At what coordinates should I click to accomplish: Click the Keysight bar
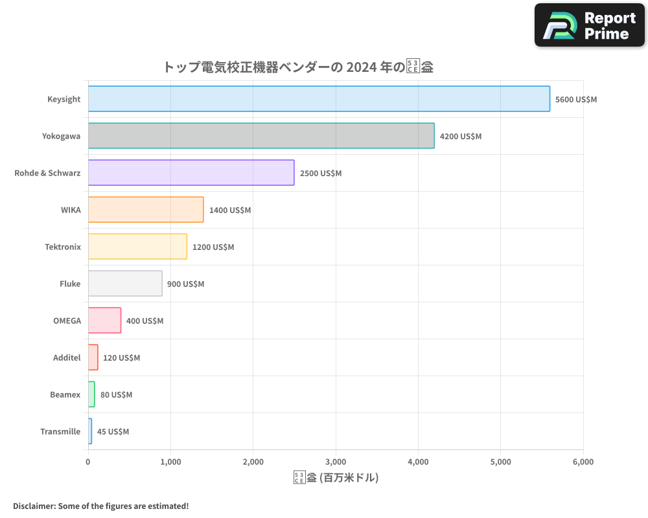(319, 99)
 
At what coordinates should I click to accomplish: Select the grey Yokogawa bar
(261, 136)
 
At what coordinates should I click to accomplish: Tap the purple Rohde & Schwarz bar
(191, 173)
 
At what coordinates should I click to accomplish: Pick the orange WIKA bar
(146, 210)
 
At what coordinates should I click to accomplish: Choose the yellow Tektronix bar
(137, 247)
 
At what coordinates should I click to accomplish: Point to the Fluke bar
(125, 284)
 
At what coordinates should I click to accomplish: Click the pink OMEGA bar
(104, 321)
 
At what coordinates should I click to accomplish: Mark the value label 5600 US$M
(576, 100)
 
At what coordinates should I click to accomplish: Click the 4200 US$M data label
(461, 137)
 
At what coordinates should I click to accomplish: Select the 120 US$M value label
(121, 358)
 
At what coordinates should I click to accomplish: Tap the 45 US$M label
(113, 432)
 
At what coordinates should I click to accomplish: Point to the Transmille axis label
(60, 432)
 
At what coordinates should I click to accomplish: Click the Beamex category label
(65, 395)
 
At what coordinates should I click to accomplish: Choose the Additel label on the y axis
(67, 358)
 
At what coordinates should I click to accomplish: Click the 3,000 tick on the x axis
(336, 462)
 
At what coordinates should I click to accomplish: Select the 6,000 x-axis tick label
(583, 462)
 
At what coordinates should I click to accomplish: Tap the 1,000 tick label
(170, 462)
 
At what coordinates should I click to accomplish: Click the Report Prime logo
(590, 25)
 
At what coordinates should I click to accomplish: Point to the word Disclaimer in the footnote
(33, 506)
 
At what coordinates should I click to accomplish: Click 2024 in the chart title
(361, 67)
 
